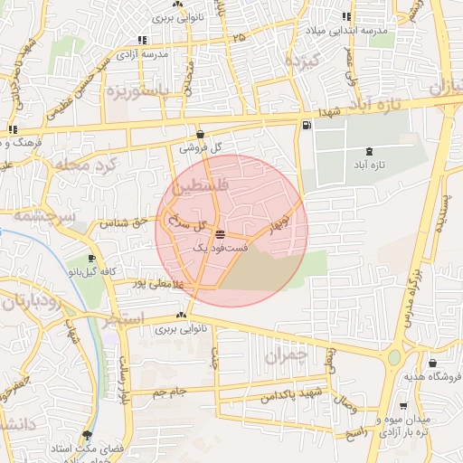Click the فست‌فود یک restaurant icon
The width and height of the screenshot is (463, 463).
click(x=221, y=234)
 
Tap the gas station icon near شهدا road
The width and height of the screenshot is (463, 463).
click(x=308, y=125)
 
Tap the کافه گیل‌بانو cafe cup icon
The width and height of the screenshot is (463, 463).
click(x=91, y=259)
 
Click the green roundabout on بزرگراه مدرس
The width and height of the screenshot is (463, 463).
click(x=394, y=357)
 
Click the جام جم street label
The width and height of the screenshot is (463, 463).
click(x=169, y=392)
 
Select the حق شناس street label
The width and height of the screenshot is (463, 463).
click(x=127, y=222)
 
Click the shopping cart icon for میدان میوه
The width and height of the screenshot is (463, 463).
click(x=402, y=406)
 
